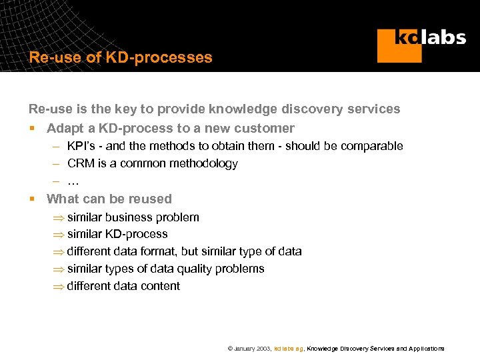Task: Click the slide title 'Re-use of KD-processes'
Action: click(121, 57)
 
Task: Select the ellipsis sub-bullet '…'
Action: click(73, 181)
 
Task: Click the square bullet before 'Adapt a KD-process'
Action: click(31, 128)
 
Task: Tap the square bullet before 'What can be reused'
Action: click(31, 199)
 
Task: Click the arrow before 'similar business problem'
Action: click(59, 217)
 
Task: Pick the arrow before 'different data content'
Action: click(59, 287)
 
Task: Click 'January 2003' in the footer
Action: click(253, 349)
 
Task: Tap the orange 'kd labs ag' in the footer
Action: click(289, 349)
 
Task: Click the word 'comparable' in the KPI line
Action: click(371, 146)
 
